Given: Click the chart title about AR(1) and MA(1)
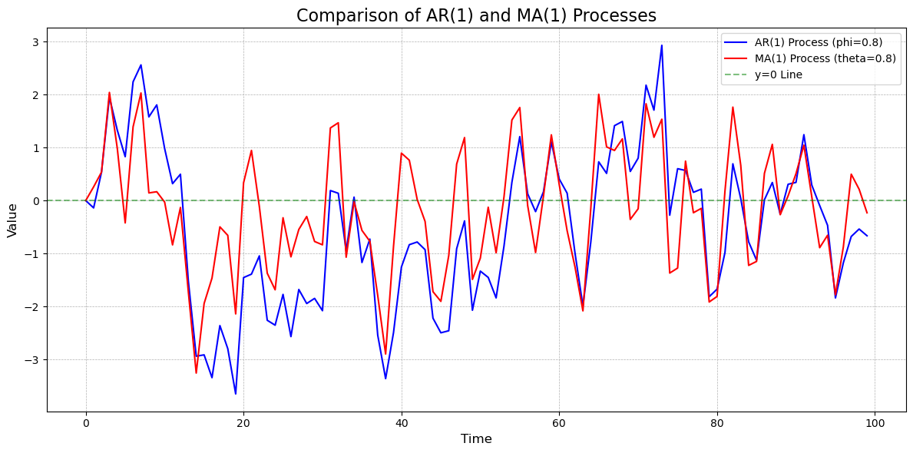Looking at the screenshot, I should pos(476,15).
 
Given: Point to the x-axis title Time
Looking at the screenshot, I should pos(476,439).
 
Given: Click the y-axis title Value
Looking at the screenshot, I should pos(12,220).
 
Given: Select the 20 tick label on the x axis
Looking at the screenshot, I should pos(243,423).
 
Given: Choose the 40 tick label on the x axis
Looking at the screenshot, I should pos(402,423).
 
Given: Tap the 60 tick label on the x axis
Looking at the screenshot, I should pos(559,423).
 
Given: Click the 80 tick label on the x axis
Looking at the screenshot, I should pos(717,423).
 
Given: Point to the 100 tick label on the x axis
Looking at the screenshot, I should pos(875,423).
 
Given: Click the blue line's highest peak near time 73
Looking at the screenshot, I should pos(662,45).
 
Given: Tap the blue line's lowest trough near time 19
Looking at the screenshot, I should pos(236,394).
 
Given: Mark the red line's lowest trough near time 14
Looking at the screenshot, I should pos(196,373).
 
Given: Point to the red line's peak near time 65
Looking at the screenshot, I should pos(599,94).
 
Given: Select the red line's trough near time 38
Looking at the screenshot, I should pos(385,354).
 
